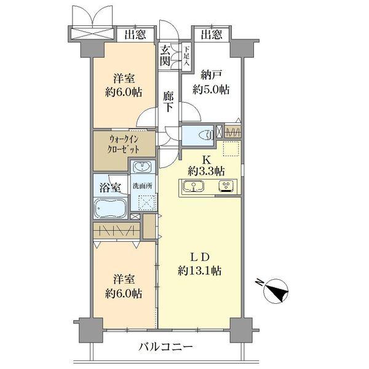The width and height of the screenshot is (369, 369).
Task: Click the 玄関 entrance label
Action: [x=166, y=57]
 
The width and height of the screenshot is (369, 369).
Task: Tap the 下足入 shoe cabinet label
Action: [x=186, y=57]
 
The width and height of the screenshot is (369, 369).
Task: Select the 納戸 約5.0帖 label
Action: [x=210, y=82]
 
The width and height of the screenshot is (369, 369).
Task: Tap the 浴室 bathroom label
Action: [x=110, y=188]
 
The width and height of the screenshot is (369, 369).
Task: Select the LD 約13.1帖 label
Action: [x=201, y=263]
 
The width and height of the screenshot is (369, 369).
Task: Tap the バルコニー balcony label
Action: [x=165, y=346]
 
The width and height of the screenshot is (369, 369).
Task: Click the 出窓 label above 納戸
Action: [x=210, y=35]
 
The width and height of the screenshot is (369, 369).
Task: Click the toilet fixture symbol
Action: [x=205, y=134]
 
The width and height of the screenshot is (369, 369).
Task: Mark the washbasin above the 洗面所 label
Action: [x=143, y=167]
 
